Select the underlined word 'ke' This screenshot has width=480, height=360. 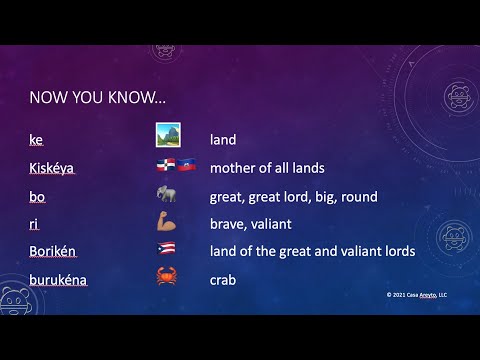point(36,141)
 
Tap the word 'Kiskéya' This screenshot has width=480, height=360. point(52,168)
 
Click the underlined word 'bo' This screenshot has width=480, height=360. point(37,197)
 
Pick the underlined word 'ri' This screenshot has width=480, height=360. point(34,224)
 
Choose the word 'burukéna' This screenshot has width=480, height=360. point(58,280)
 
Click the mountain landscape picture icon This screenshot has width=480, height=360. point(167,135)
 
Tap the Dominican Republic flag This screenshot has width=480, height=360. point(165,166)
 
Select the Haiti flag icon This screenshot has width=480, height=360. point(186,166)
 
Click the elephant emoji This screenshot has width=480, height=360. point(167,195)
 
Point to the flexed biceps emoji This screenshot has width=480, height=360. point(167,222)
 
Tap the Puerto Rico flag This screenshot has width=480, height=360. point(167,250)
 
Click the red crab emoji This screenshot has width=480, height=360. point(167,277)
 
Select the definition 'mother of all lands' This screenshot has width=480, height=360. point(266,168)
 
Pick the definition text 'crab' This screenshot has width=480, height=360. point(222,280)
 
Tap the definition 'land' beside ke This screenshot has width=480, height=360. point(222,141)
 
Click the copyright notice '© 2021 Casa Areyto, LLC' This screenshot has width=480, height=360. point(416,295)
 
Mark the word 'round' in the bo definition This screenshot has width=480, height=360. point(358,197)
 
